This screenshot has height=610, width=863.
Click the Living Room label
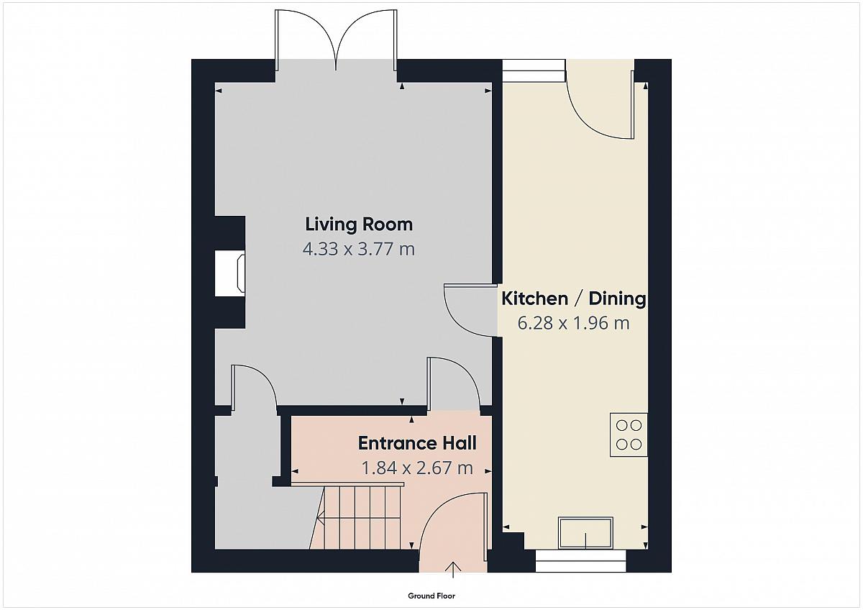click(x=359, y=224)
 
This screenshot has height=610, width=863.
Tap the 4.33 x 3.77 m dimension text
click(x=359, y=249)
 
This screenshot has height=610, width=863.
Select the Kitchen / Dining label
click(x=574, y=299)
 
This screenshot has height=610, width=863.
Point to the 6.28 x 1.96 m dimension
click(x=573, y=323)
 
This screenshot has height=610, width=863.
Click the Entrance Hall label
click(x=417, y=444)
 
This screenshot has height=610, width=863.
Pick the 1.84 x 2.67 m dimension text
click(x=417, y=468)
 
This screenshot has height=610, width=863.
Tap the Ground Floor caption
click(x=431, y=596)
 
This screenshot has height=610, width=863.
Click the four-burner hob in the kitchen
click(x=629, y=434)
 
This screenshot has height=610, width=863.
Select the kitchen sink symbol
click(x=585, y=533)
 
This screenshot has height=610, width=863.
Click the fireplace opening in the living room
click(x=230, y=273)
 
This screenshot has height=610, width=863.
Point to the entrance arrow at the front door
click(x=453, y=570)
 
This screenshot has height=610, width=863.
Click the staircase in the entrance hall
click(x=357, y=516)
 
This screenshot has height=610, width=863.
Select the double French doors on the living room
click(x=336, y=40)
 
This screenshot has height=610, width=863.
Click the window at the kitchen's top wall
click(x=534, y=70)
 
